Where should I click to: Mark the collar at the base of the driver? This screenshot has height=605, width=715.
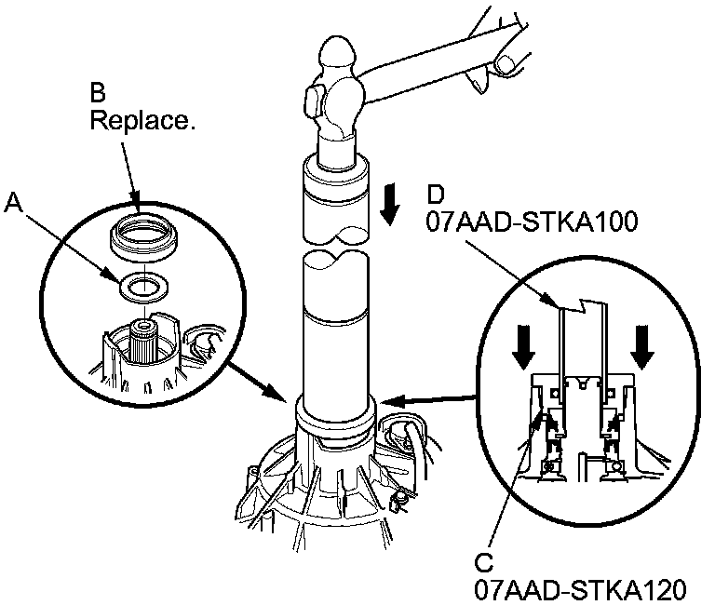pyautogui.click(x=335, y=414)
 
